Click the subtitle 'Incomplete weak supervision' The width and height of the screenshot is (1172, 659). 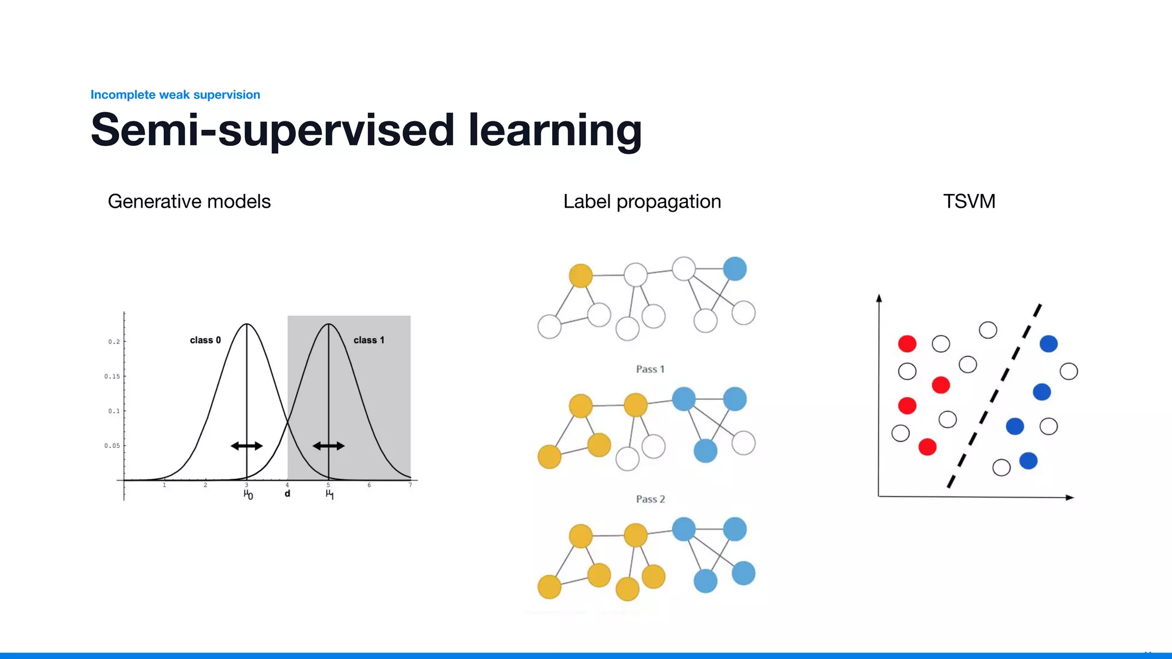point(175,94)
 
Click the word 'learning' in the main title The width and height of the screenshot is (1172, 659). point(555,130)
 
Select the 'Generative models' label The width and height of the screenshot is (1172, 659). point(189,201)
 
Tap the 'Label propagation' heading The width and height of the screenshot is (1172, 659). point(642,201)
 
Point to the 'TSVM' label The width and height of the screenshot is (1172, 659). point(969,201)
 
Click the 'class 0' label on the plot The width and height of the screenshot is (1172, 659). point(205,340)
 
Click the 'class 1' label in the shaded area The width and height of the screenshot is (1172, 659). point(369,340)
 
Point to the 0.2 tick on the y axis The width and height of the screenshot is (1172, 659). point(114,342)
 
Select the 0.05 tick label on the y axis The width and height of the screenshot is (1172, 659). point(112,446)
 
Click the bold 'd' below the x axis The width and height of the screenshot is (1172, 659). point(287,494)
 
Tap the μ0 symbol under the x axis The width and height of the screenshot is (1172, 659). point(248,494)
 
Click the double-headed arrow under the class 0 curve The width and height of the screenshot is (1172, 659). point(247,446)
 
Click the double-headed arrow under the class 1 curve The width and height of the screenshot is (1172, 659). point(328,446)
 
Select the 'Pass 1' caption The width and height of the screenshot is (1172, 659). point(650,369)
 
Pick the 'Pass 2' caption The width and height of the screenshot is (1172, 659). point(650,499)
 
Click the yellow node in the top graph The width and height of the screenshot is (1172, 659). point(580,276)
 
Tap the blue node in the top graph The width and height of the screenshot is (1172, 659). point(735,269)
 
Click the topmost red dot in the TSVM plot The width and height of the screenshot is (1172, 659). point(907,344)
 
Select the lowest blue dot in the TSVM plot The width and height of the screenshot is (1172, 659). point(1028,460)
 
